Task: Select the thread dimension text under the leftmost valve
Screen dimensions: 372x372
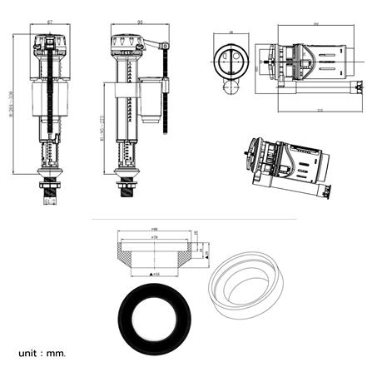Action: pyautogui.click(x=51, y=201)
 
